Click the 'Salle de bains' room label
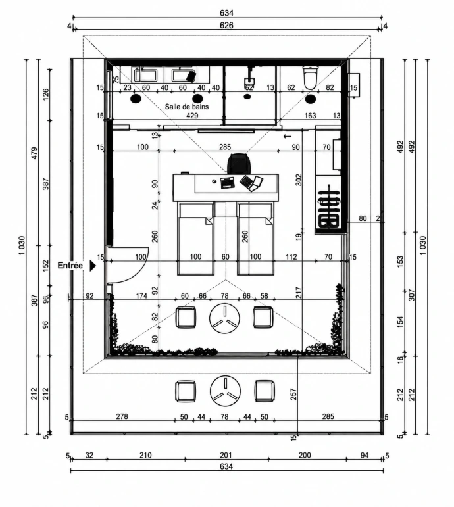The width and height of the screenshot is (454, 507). [x=187, y=107]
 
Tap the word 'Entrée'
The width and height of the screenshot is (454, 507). [x=70, y=266]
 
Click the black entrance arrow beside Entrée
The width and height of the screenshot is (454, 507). [x=93, y=266]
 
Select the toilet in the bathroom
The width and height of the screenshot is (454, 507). [x=310, y=78]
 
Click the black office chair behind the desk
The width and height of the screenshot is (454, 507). [x=240, y=163]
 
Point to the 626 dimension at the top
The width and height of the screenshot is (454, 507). [x=226, y=25]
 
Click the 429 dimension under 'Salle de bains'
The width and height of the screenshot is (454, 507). [x=192, y=116]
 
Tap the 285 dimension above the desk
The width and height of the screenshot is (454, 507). [x=225, y=147]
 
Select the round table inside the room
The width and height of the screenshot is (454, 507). [x=224, y=318]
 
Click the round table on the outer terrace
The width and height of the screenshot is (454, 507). [x=225, y=391]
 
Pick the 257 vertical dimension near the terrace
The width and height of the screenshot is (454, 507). [x=293, y=394]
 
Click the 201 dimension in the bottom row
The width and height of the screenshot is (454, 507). [x=226, y=455]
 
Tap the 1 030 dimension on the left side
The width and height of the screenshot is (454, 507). [x=22, y=245]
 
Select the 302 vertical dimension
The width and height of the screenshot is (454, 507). [x=299, y=180]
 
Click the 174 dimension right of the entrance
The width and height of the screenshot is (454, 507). [x=141, y=295]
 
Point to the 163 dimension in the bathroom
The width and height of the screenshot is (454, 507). [x=311, y=116]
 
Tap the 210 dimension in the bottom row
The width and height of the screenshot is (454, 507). [x=145, y=455]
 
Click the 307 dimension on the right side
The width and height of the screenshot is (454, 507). [x=412, y=295]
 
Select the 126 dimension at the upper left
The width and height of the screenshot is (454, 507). [x=46, y=94]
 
